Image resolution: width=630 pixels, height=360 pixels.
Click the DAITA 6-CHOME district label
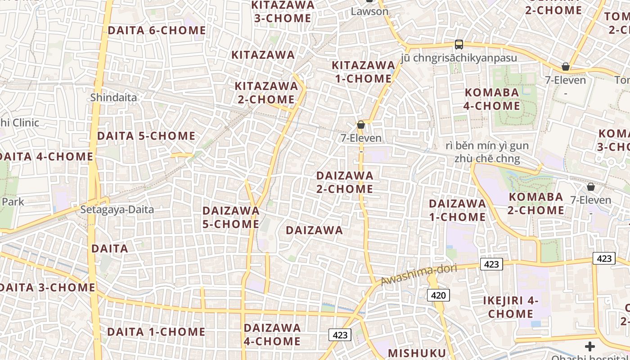(x=157, y=31)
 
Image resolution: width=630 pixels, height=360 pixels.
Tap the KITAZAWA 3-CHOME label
(x=283, y=12)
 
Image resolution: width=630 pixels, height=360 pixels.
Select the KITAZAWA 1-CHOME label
(x=363, y=72)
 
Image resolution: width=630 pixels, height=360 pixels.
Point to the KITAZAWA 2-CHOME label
(x=266, y=93)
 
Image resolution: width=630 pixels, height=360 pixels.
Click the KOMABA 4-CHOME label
(x=492, y=99)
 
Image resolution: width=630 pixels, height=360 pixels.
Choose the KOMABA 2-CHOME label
(x=536, y=204)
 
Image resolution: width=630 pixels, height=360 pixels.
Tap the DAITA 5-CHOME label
(x=146, y=136)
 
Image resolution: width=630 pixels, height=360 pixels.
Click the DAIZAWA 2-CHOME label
(x=345, y=182)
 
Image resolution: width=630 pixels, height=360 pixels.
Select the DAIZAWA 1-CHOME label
(x=457, y=210)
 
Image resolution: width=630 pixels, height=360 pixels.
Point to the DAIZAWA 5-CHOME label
(x=231, y=217)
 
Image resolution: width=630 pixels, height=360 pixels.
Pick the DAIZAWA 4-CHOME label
(x=272, y=334)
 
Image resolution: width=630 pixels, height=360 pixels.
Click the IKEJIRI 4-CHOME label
(x=511, y=307)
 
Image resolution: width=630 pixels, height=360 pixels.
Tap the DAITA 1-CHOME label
(x=156, y=332)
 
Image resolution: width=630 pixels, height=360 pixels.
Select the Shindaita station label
(x=113, y=97)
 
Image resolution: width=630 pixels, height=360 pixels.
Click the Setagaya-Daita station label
(x=117, y=209)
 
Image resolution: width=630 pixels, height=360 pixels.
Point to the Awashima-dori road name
(x=419, y=275)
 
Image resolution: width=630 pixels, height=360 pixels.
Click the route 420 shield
(x=438, y=295)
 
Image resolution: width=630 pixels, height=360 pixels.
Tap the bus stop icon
(x=459, y=45)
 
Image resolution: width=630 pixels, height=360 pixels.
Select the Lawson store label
(x=369, y=11)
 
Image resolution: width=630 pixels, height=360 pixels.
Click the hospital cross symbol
(x=589, y=346)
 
